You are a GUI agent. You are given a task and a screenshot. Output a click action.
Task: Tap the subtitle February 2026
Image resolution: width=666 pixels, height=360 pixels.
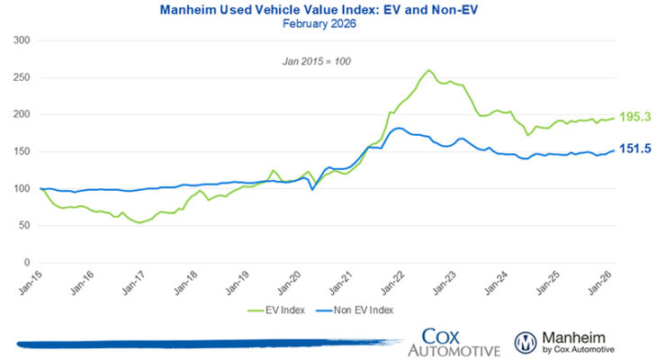[333, 24]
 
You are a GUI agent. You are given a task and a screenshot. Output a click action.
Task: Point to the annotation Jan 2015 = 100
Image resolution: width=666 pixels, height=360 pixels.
[333, 61]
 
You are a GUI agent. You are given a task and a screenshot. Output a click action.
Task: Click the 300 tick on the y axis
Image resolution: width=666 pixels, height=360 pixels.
[22, 40]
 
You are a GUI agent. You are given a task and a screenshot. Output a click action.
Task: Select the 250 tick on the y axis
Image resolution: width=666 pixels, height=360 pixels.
[22, 77]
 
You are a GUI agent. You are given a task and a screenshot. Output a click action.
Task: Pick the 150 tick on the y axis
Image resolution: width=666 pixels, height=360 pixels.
[22, 152]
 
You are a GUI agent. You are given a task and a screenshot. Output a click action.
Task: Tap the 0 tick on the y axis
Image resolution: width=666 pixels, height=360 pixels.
[28, 263]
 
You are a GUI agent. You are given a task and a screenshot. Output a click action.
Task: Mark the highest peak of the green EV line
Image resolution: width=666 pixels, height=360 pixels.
[428, 70]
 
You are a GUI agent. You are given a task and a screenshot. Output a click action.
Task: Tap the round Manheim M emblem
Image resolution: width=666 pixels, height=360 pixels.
[526, 340]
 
